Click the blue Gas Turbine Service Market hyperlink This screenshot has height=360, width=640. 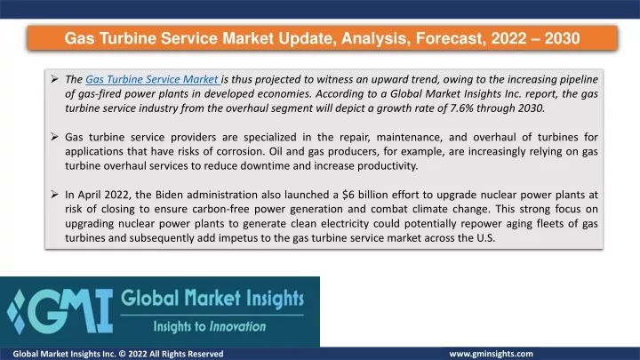(152, 79)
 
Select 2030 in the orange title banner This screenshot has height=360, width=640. (562, 38)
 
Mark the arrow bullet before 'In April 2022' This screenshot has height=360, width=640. (55, 195)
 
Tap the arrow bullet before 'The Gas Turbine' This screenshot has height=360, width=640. (55, 79)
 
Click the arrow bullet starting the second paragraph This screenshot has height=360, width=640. (55, 137)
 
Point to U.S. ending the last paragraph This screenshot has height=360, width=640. (485, 238)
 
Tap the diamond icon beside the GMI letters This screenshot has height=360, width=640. (16, 311)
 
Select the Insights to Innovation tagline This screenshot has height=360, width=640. (210, 326)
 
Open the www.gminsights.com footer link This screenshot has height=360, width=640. (491, 354)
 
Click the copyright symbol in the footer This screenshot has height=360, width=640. (122, 354)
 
